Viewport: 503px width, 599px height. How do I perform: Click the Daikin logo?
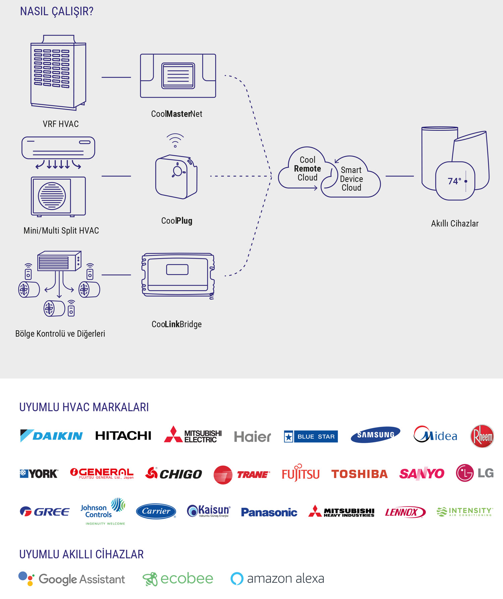click(x=51, y=436)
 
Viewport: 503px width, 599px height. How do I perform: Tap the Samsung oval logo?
click(x=375, y=435)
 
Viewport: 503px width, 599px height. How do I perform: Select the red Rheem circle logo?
click(x=482, y=436)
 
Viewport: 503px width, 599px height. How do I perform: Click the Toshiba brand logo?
click(x=359, y=474)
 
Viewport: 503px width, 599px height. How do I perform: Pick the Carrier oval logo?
click(x=156, y=511)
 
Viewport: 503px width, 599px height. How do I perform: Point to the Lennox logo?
click(x=405, y=512)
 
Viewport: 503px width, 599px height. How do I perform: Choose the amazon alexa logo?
click(x=277, y=579)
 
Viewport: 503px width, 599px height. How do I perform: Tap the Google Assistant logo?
click(x=72, y=579)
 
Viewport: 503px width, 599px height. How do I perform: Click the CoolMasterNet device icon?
click(x=178, y=76)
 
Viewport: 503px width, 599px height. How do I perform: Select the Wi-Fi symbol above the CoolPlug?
click(x=175, y=140)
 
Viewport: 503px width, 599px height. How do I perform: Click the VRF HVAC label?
click(x=61, y=124)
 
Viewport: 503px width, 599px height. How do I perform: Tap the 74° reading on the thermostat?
click(x=454, y=181)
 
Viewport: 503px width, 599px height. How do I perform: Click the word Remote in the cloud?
click(x=307, y=169)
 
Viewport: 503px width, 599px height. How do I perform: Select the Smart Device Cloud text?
click(x=351, y=179)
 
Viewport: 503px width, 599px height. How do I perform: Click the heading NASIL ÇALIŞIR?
click(x=57, y=11)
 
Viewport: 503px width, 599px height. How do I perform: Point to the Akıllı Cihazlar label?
click(x=454, y=224)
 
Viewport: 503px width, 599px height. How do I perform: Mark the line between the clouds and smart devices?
click(x=399, y=176)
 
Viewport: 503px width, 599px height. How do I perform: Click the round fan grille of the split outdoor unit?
click(x=52, y=196)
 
